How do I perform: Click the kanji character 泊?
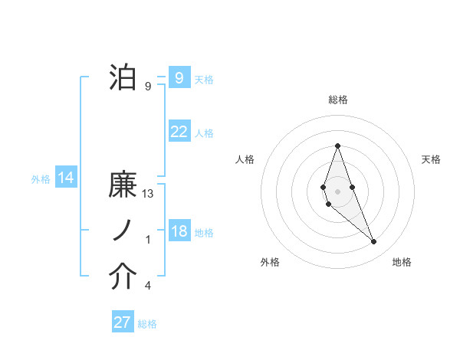(x=123, y=77)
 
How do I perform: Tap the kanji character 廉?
(x=123, y=186)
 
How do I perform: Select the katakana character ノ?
(x=123, y=231)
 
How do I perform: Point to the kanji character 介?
(x=123, y=277)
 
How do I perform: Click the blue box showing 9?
(x=179, y=77)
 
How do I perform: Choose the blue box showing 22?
(x=179, y=132)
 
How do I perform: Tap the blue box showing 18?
(x=179, y=231)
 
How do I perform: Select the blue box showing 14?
(x=66, y=178)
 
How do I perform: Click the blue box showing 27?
(x=123, y=322)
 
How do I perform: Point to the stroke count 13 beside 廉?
(x=149, y=194)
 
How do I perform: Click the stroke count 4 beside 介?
(x=148, y=286)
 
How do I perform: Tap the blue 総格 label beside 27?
(x=147, y=324)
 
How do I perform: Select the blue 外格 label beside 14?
(x=41, y=179)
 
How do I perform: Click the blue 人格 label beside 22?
(x=204, y=133)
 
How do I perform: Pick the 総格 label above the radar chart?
(x=338, y=100)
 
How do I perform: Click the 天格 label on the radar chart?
(x=432, y=159)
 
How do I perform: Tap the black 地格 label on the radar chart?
(x=402, y=262)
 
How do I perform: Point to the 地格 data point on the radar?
(x=373, y=241)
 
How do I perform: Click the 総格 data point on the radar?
(x=337, y=146)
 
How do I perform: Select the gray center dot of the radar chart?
(x=337, y=191)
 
